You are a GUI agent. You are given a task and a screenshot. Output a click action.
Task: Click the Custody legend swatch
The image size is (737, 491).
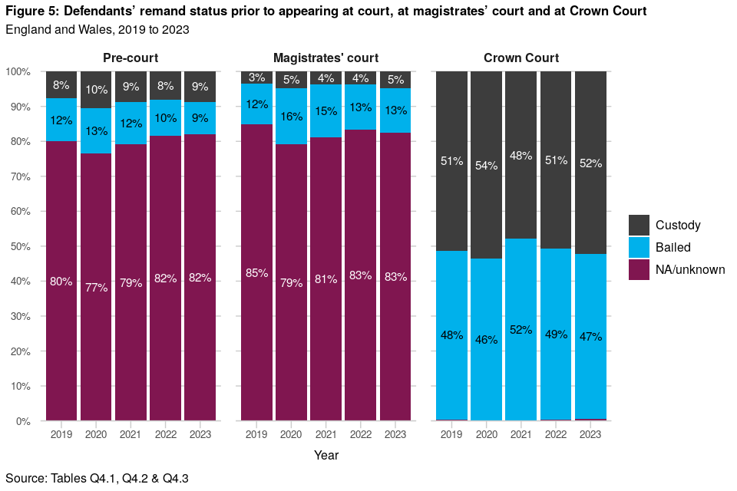[x=640, y=225]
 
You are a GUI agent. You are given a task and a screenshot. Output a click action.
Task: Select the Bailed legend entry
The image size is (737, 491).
[x=673, y=247]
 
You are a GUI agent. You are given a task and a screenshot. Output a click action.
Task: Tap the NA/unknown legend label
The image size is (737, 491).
[x=690, y=269]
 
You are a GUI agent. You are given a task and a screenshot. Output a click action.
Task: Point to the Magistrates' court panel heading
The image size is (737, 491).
[x=326, y=58]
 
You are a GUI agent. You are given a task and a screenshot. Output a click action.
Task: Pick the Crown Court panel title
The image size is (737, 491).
[x=521, y=58]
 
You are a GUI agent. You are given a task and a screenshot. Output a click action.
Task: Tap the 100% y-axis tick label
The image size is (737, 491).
[x=17, y=71]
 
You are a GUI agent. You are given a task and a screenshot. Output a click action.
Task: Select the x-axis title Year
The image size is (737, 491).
[x=326, y=455]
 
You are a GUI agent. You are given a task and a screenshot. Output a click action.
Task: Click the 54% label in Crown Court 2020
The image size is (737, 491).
[x=487, y=166]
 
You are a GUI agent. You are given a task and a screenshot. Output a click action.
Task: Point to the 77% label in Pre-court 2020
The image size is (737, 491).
[x=96, y=287]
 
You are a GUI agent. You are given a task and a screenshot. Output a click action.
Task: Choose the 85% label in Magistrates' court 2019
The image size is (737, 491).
[x=256, y=272]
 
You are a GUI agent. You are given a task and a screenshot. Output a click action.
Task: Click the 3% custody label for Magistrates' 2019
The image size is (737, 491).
[x=256, y=77]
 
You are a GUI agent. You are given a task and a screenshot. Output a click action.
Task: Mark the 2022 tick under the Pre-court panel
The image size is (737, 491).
[x=165, y=435]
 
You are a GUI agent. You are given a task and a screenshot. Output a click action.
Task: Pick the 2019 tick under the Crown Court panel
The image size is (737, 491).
[x=451, y=435]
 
